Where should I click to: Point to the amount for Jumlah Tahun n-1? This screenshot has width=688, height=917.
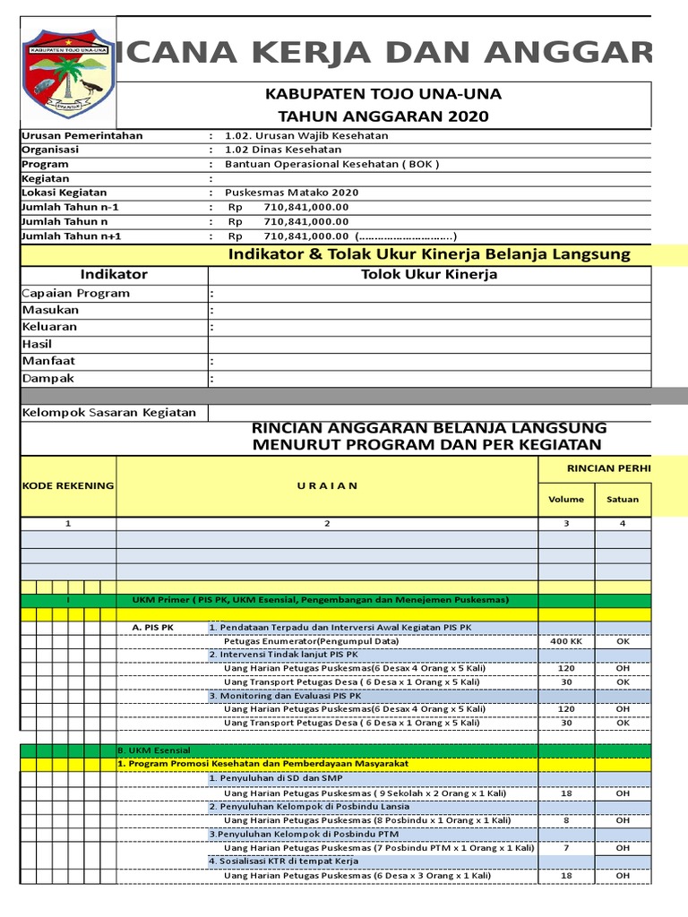pyautogui.click(x=306, y=207)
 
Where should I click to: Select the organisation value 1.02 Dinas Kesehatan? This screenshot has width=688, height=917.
pyautogui.click(x=283, y=150)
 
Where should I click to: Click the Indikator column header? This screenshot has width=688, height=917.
pyautogui.click(x=114, y=275)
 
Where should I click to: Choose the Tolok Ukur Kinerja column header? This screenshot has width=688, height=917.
pyautogui.click(x=428, y=275)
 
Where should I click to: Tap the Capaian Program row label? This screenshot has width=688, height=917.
pyautogui.click(x=75, y=293)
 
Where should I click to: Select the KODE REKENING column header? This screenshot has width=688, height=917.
pyautogui.click(x=68, y=485)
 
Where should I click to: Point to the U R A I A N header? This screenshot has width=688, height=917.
pyautogui.click(x=327, y=485)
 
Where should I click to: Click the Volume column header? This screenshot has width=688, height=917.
pyautogui.click(x=566, y=500)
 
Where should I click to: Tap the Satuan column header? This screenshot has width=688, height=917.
pyautogui.click(x=623, y=500)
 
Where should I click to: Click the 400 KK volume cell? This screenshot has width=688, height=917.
pyautogui.click(x=566, y=641)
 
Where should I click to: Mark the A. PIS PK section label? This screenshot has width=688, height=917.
pyautogui.click(x=152, y=628)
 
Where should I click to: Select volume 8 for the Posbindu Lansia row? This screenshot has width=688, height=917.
pyautogui.click(x=566, y=819)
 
